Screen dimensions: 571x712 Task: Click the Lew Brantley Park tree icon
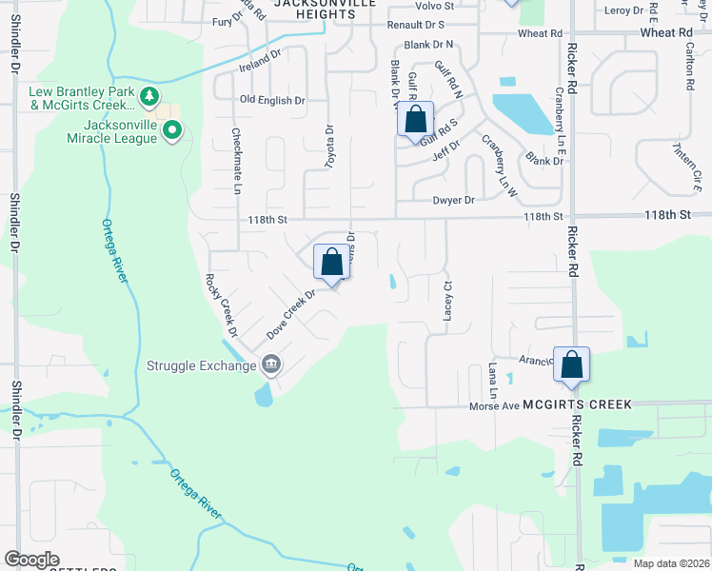tap(148, 96)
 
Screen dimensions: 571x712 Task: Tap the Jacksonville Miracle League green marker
tap(172, 131)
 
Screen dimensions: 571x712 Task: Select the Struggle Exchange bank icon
tap(271, 365)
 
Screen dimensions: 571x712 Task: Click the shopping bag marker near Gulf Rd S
tap(415, 121)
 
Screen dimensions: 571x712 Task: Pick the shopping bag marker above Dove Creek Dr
tap(331, 262)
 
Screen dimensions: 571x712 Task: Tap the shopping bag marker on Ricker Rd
tap(571, 365)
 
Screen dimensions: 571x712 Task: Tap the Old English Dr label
tap(272, 100)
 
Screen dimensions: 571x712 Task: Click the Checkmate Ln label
tap(236, 158)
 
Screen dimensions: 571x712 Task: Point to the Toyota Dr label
tap(330, 147)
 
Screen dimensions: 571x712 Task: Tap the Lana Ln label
tap(493, 379)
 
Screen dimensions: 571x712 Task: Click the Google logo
tap(32, 560)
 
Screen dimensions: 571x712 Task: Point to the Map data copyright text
tap(670, 563)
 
